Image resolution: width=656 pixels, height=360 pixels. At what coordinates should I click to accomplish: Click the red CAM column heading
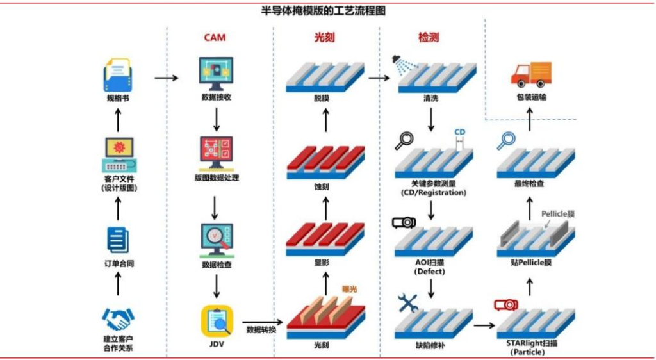(215, 37)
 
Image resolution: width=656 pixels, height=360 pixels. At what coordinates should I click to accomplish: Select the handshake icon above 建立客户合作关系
(118, 318)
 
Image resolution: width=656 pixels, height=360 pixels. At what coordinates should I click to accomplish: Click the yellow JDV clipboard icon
(217, 321)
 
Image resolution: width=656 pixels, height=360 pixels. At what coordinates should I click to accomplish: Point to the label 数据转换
(259, 330)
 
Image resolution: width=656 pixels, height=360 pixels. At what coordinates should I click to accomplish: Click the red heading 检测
(429, 37)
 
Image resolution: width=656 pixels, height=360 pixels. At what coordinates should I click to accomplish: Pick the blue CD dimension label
(459, 133)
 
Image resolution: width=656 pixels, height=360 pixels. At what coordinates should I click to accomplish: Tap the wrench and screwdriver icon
(408, 303)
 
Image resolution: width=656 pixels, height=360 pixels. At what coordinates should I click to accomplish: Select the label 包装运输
(530, 97)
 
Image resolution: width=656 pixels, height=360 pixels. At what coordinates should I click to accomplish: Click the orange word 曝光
(350, 289)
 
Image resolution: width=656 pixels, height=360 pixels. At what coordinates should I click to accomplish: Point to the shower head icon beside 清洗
(402, 63)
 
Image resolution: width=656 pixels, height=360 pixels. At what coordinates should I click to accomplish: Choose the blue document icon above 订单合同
(118, 241)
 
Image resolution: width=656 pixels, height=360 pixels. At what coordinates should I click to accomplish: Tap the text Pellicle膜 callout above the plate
(557, 214)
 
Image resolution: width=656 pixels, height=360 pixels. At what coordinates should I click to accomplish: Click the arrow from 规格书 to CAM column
(167, 78)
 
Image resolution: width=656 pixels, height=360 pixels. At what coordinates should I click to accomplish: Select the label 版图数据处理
(216, 177)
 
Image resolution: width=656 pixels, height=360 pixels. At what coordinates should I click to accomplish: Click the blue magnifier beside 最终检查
(507, 140)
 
